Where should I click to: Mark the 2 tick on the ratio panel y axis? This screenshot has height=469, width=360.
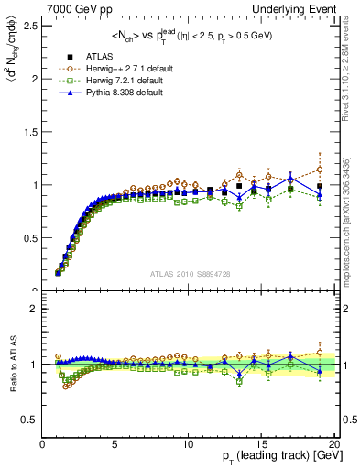pyautogui.click(x=34, y=309)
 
